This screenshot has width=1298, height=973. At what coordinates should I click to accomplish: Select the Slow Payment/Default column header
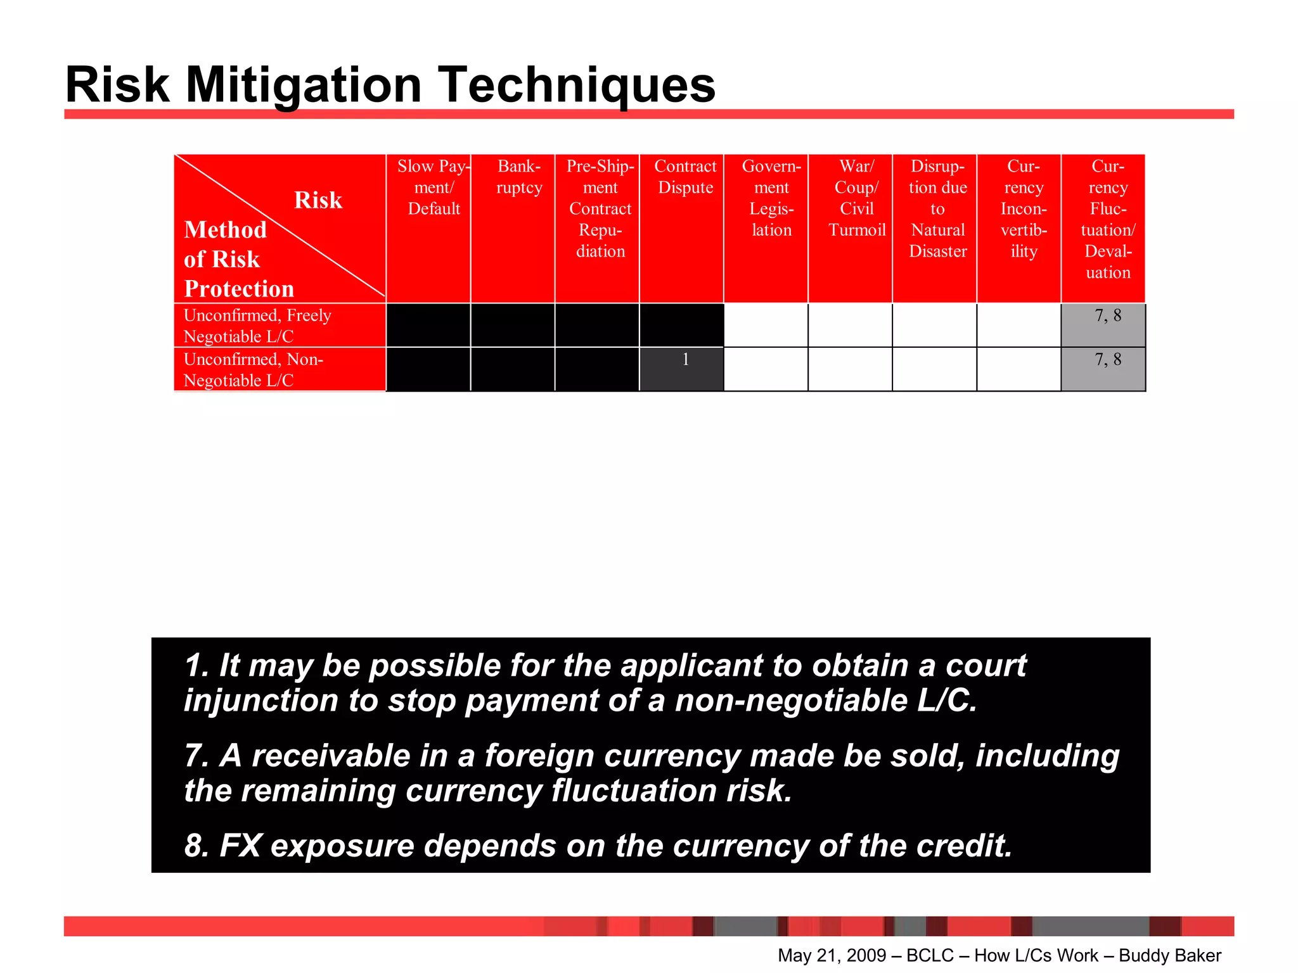point(434,188)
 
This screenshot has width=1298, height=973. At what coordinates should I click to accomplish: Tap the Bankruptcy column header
point(519,177)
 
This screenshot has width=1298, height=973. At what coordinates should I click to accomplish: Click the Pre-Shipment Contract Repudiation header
point(600,208)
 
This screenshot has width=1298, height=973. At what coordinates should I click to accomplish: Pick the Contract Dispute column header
point(685,177)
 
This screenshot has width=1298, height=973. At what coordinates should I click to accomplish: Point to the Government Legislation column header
point(771,198)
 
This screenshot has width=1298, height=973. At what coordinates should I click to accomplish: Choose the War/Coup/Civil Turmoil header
point(856,198)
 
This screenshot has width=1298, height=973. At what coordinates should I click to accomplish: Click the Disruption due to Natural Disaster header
point(937,208)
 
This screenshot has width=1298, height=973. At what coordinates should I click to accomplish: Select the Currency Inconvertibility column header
point(1023,208)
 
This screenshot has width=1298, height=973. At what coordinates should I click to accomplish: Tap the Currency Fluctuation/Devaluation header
point(1108,219)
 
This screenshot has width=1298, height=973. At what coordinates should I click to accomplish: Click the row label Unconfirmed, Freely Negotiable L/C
point(257,326)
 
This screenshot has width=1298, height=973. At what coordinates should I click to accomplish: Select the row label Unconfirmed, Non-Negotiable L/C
point(254,369)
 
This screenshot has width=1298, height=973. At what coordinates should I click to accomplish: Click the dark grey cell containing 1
point(682,369)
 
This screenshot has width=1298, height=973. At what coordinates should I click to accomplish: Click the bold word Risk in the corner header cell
point(318,200)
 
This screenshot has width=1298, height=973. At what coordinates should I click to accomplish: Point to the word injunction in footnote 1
point(260,701)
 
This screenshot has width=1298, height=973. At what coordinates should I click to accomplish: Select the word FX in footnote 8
point(240,846)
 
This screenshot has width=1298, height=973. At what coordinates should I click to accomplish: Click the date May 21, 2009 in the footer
point(832,955)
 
